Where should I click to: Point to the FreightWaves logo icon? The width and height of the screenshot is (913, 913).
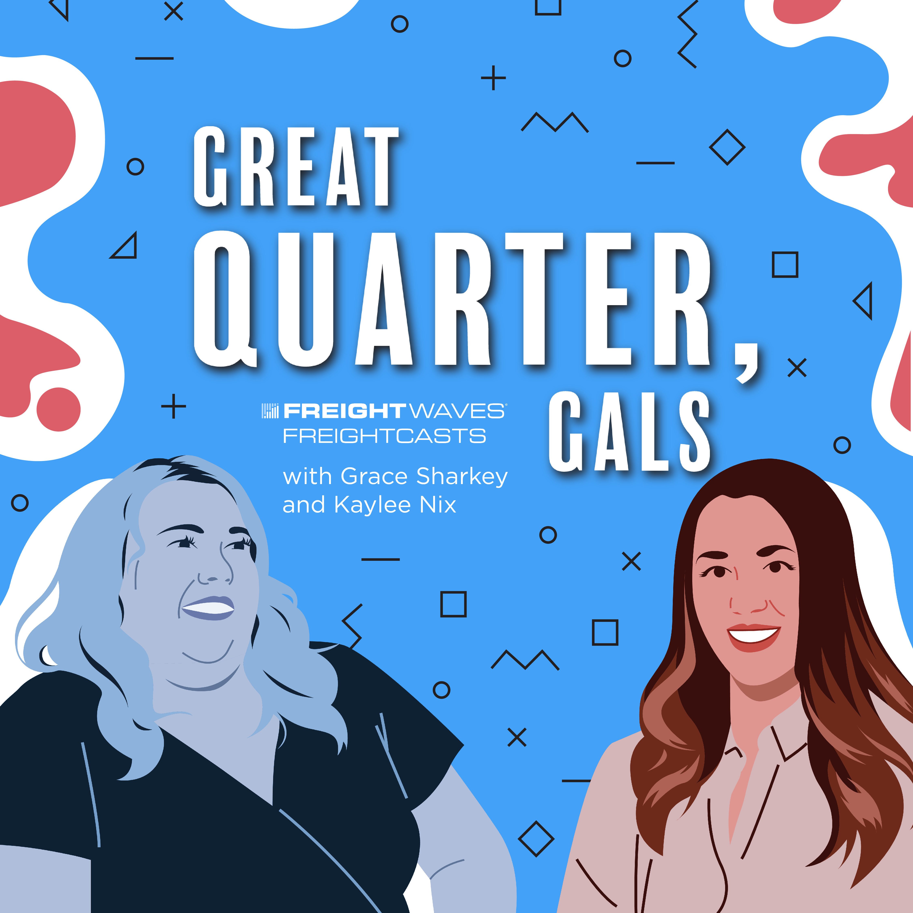(x=270, y=411)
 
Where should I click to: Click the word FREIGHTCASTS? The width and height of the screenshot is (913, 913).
(x=384, y=436)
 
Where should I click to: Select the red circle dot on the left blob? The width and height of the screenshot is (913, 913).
(x=59, y=409)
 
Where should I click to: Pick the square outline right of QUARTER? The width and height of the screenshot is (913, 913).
(x=785, y=265)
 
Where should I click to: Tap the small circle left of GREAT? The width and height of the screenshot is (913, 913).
(x=135, y=166)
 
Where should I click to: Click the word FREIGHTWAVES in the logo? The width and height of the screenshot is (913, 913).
(x=394, y=411)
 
